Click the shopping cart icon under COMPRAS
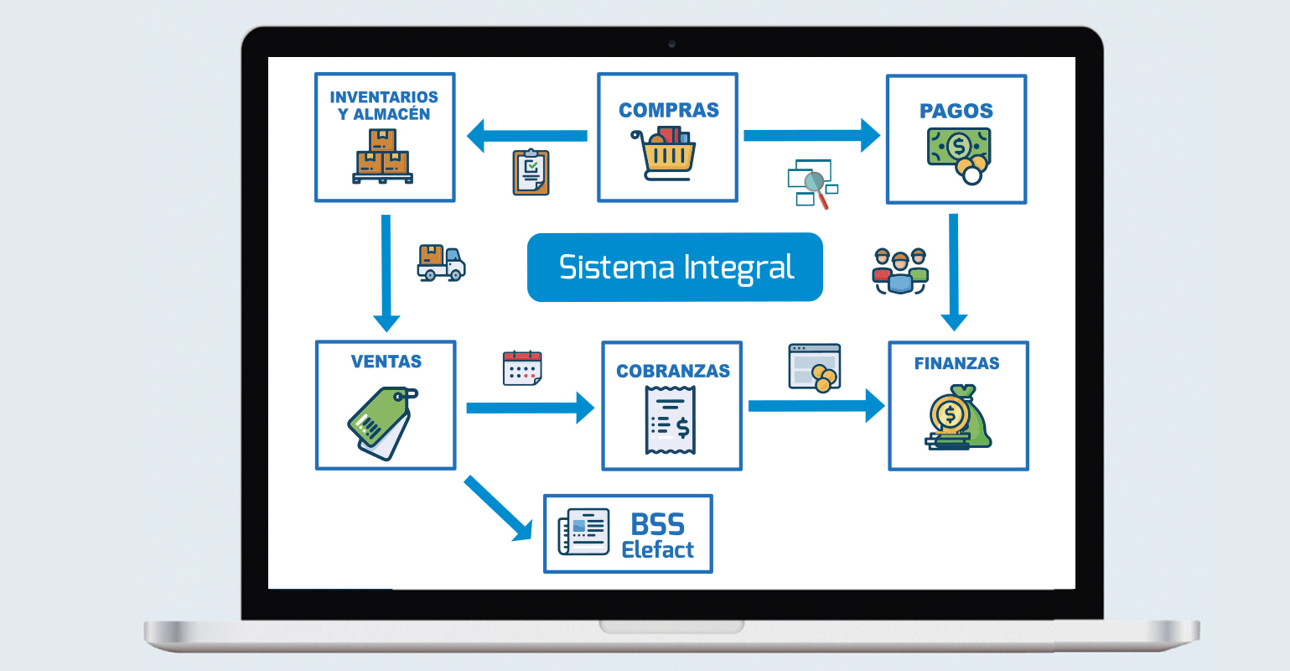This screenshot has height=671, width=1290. pos(667,153)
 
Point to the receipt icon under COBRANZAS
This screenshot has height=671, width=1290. pos(671,419)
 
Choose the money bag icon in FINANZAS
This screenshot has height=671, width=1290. pos(958,417)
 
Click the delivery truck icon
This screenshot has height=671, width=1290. pos(441,263)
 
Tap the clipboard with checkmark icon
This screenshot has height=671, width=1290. pos(531,172)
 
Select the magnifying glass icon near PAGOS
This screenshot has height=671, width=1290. pos(814,185)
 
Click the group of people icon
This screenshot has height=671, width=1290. pos(900,271)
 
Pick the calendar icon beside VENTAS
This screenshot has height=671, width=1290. pos(522,368)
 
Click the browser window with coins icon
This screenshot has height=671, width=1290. pos(815,367)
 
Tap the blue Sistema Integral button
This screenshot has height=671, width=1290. pos(675,267)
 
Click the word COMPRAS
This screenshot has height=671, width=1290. pos(668,110)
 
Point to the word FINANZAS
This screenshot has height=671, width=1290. pos(956,363)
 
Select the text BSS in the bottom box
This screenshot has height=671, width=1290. pos(657,525)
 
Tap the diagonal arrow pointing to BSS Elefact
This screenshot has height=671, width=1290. pos(500,509)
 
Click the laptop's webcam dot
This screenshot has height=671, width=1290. pos(671,44)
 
